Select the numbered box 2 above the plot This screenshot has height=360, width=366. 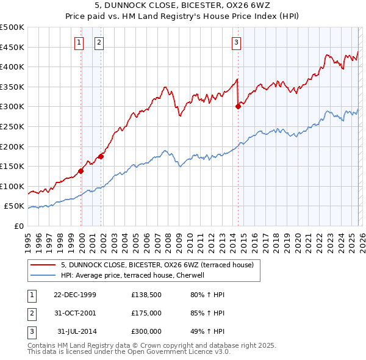pyautogui.click(x=99, y=42)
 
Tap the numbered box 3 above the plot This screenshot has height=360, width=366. pyautogui.click(x=236, y=42)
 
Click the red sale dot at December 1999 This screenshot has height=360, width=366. pyautogui.click(x=81, y=171)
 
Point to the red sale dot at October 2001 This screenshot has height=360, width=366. pyautogui.click(x=101, y=156)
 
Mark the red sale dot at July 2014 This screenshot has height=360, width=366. pyautogui.click(x=238, y=106)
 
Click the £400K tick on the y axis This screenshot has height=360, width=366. pyautogui.click(x=12, y=67)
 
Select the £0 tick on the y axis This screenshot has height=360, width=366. pyautogui.click(x=19, y=226)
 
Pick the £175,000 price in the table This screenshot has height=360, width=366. pyautogui.click(x=146, y=313)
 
